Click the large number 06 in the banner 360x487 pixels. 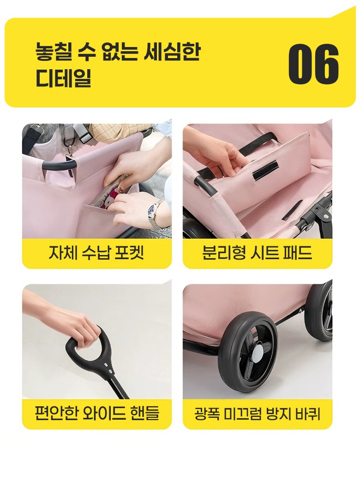[x=313, y=64]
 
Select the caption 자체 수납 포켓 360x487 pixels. [x=96, y=253]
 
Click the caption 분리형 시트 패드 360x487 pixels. [x=257, y=253]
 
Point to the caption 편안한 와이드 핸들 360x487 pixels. [x=96, y=413]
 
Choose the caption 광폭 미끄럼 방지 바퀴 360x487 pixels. [x=257, y=414]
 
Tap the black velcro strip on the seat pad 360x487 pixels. [x=265, y=171]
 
